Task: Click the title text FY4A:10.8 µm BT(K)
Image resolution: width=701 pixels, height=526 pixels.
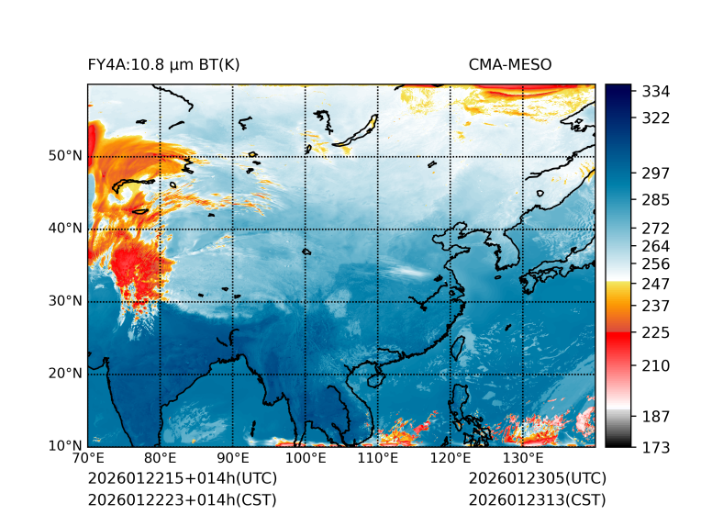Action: [x=163, y=64]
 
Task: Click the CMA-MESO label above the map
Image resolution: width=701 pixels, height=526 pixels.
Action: [x=509, y=64]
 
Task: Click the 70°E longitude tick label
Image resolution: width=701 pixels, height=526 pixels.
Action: [x=88, y=458]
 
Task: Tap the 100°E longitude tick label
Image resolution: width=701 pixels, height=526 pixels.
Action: [x=306, y=458]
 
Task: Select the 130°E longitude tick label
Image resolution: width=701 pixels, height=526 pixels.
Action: [x=523, y=458]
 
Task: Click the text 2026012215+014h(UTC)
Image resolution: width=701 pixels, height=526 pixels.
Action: [x=182, y=478]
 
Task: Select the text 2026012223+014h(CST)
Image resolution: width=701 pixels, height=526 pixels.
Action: [x=182, y=499]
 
